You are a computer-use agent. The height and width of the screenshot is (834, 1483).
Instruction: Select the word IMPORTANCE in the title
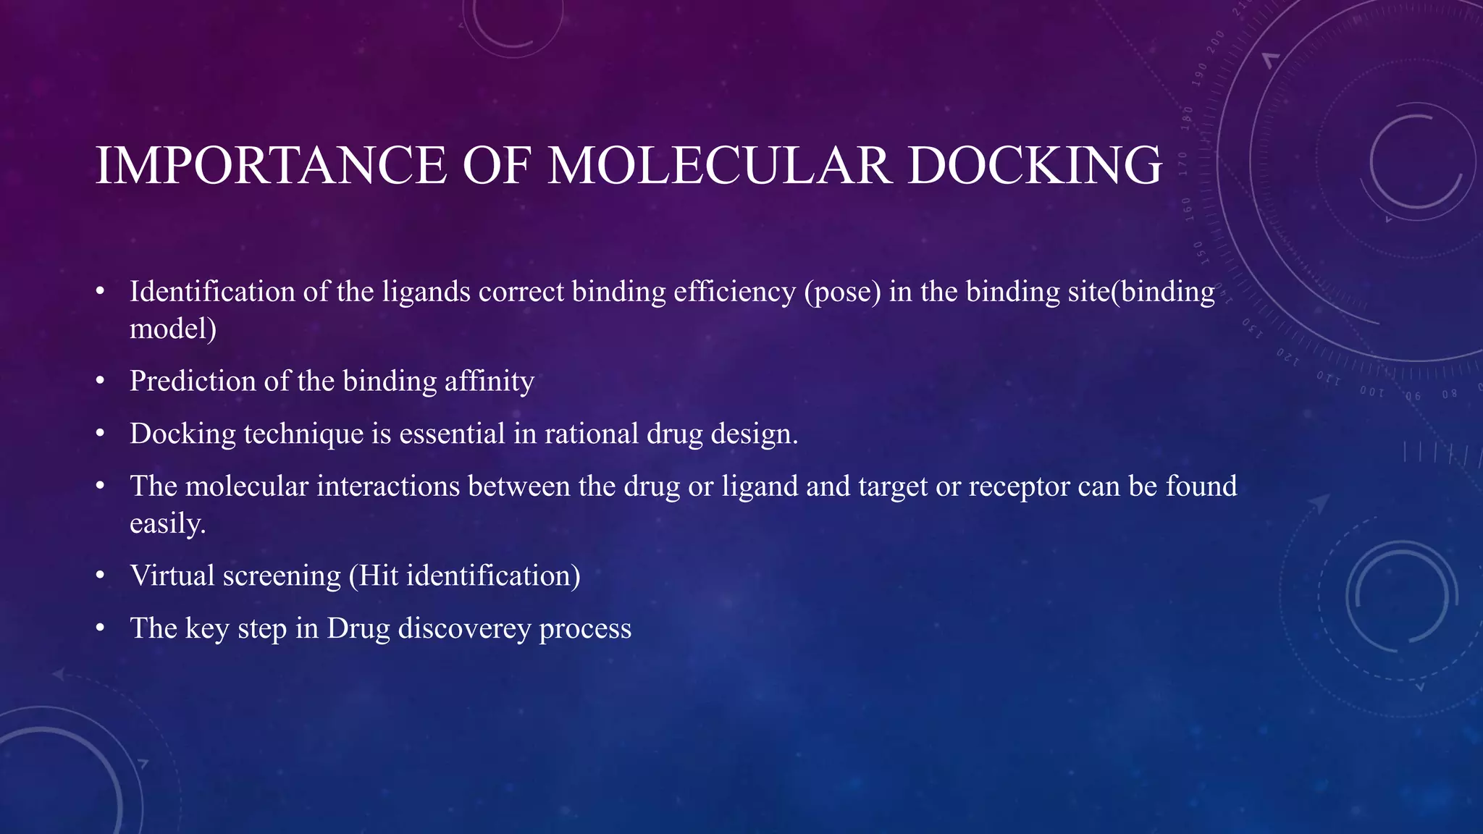[x=271, y=166]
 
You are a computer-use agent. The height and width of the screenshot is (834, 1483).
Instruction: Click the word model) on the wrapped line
[x=173, y=329]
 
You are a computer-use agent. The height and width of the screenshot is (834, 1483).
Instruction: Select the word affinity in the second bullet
[x=489, y=382]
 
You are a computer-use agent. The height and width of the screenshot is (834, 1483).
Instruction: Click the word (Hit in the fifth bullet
[x=374, y=576]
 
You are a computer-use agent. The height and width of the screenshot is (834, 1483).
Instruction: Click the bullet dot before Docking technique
[x=101, y=434]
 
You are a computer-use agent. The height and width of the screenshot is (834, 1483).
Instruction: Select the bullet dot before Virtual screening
[x=101, y=576]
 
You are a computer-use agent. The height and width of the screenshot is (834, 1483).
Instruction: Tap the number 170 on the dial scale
[x=1183, y=164]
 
